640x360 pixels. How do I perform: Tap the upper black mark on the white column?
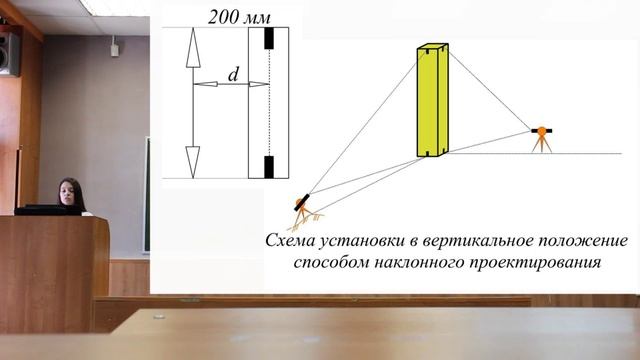click(x=268, y=39)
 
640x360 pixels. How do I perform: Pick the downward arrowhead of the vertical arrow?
click(x=192, y=161)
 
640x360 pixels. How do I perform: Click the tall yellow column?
click(x=432, y=100)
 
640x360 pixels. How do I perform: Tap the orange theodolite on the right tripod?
click(x=541, y=130)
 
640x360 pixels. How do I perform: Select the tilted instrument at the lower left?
click(x=303, y=203)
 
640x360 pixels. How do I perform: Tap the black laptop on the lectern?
click(x=46, y=209)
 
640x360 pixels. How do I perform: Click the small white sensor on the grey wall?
click(x=114, y=48)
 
